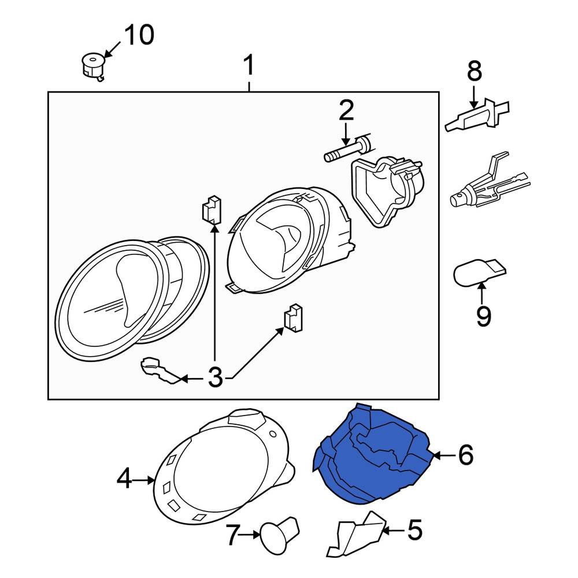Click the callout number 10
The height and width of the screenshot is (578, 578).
(x=139, y=36)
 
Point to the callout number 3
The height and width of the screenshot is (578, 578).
(x=214, y=379)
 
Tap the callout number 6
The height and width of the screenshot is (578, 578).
(x=465, y=455)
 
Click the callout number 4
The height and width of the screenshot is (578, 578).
(x=124, y=479)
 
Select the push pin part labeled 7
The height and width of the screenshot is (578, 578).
(x=280, y=535)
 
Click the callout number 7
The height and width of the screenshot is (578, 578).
(x=232, y=536)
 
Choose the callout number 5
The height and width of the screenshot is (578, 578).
(x=415, y=529)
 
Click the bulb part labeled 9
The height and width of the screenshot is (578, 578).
(x=477, y=273)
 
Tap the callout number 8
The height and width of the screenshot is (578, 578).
(x=474, y=72)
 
